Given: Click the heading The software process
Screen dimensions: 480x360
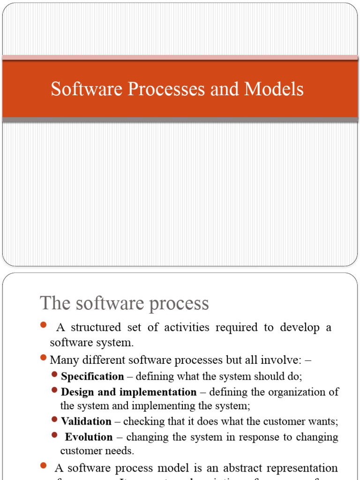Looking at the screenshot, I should tap(124, 303).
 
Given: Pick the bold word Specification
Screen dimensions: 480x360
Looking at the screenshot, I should tap(92, 376).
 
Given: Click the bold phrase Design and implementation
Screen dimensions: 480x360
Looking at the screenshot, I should tap(128, 392).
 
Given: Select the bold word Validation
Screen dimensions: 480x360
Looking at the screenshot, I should tap(86, 421).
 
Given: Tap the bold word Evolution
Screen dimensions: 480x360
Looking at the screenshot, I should tap(89, 437).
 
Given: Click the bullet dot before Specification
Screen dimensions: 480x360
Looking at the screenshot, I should tap(55, 375).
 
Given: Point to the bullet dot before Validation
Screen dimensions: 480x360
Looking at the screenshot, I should tap(55, 420).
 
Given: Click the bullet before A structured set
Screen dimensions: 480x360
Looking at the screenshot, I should tap(44, 325).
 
